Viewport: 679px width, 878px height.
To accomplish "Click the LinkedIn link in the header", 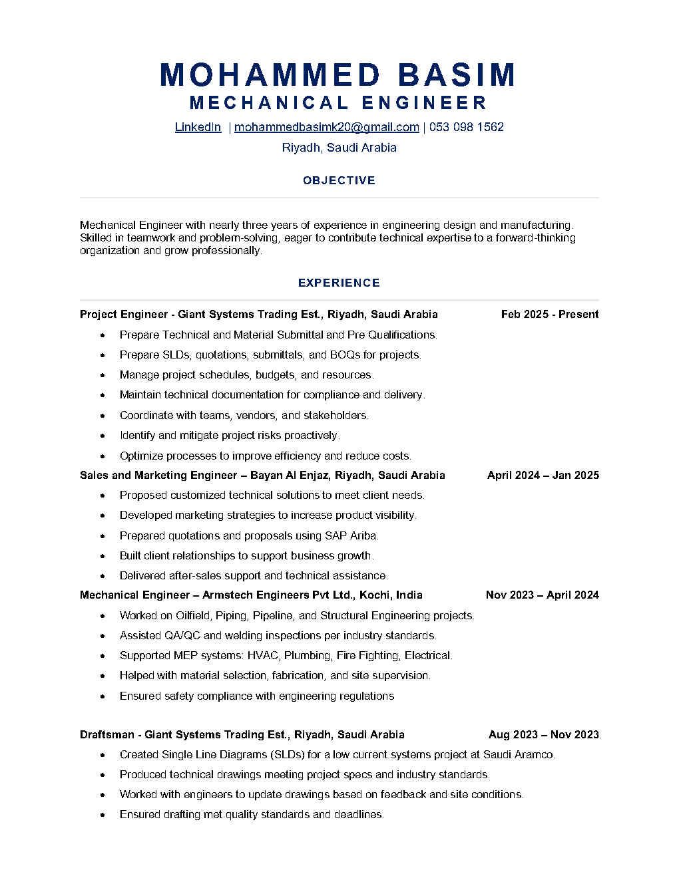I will click(x=198, y=127).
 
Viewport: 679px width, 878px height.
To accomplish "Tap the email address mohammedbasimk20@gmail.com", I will click(x=326, y=127).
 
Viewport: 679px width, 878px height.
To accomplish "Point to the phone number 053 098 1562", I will click(x=466, y=127).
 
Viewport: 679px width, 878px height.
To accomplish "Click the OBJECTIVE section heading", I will click(x=339, y=180).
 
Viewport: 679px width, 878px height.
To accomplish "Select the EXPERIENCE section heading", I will click(x=339, y=283).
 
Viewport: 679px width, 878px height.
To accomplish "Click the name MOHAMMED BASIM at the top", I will click(x=338, y=74).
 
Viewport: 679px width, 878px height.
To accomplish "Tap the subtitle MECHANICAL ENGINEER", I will click(x=338, y=103).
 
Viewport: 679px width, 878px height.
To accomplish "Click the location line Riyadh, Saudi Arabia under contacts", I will click(x=339, y=148).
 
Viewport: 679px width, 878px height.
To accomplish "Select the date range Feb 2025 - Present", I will click(x=550, y=314).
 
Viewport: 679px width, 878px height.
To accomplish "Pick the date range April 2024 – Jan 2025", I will click(x=543, y=475).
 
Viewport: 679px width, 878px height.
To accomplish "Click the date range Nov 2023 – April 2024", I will click(x=542, y=595).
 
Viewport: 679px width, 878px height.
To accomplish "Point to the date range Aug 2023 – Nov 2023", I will click(x=543, y=734).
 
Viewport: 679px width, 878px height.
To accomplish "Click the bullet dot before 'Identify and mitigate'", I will click(x=103, y=436).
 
